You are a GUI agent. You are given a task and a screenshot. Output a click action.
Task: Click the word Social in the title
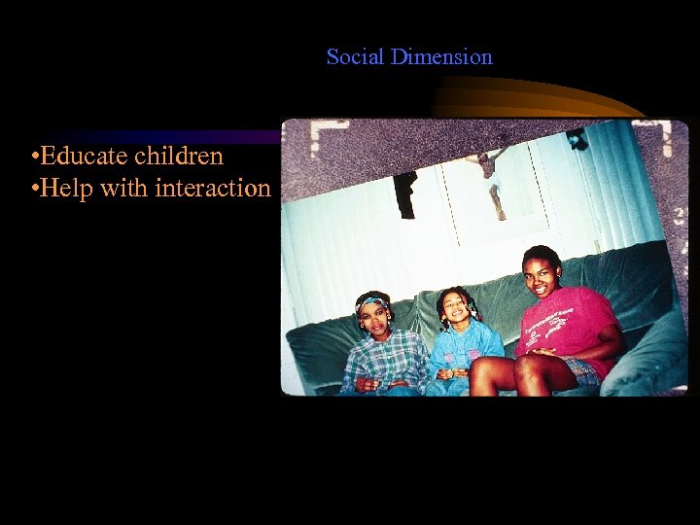355,57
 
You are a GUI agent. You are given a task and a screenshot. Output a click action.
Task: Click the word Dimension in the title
441,57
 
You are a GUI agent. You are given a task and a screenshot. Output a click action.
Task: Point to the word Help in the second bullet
67,188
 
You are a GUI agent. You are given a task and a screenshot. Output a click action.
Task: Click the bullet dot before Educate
35,157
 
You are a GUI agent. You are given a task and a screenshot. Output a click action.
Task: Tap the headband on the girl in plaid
370,303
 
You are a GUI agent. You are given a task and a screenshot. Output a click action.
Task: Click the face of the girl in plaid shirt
372,317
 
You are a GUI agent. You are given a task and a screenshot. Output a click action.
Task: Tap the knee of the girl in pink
530,367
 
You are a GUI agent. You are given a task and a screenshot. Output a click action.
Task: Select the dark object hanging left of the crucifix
405,192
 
